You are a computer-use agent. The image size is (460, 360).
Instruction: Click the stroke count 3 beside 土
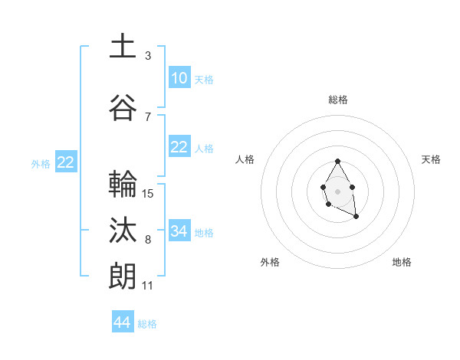point(147,55)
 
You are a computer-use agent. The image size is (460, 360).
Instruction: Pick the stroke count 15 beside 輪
point(148,193)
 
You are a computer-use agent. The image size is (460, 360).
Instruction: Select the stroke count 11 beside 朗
point(147,285)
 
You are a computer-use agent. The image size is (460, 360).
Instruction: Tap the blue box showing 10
point(179,78)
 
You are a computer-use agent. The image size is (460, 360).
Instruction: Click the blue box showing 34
point(179,231)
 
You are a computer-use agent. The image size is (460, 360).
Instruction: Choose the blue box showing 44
point(123,322)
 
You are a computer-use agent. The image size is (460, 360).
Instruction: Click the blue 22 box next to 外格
point(65,162)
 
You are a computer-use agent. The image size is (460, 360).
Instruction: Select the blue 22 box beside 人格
point(179,147)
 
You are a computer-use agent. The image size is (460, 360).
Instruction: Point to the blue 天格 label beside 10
point(204,79)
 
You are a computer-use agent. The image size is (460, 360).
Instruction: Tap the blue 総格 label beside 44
point(147,324)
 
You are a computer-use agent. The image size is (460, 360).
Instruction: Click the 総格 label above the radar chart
point(337,100)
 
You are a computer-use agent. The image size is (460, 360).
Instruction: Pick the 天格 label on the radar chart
point(431,159)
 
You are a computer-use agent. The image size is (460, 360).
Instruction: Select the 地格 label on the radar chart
point(402,262)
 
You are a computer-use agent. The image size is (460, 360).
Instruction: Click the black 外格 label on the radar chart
point(270,262)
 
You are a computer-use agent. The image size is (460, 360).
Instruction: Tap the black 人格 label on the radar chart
point(245,159)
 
